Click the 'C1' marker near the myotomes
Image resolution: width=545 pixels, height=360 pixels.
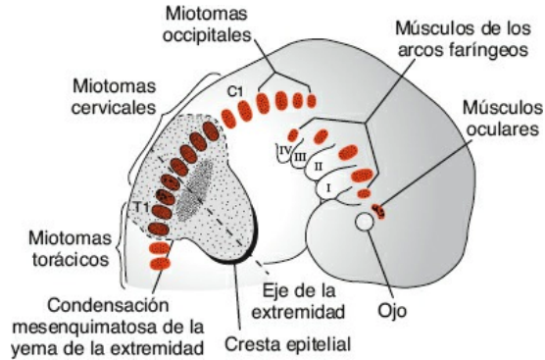[234, 92]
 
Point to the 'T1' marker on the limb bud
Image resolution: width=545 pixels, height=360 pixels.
[141, 208]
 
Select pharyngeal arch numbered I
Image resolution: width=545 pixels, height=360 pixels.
[330, 184]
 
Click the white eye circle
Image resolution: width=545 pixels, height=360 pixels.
[365, 224]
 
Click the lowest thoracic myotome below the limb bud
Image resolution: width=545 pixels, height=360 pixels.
[159, 264]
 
